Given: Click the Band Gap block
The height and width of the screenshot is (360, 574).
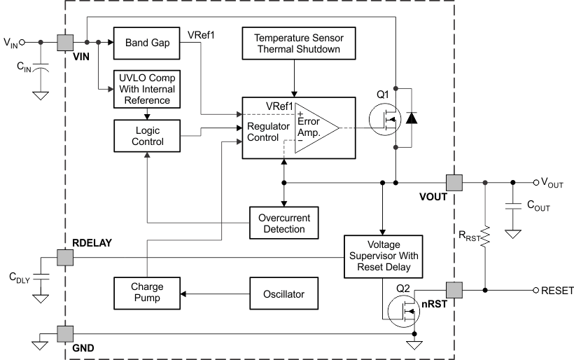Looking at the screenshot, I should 146,43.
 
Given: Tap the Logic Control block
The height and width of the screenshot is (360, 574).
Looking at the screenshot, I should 146,136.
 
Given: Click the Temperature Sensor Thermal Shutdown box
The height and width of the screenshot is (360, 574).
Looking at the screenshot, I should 297,43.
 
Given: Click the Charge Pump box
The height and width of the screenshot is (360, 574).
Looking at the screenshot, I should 146,291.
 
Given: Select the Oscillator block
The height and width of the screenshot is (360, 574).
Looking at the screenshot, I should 283,291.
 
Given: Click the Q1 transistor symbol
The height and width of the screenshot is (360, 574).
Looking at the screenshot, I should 385,118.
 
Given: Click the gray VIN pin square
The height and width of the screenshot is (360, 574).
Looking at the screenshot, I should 65,42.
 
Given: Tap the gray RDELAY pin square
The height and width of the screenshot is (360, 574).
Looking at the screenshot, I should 65,257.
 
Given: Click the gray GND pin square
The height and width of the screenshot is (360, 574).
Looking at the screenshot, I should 65,333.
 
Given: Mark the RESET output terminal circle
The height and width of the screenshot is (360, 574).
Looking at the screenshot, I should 536,290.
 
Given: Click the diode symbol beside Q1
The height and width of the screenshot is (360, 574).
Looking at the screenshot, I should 412,118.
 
